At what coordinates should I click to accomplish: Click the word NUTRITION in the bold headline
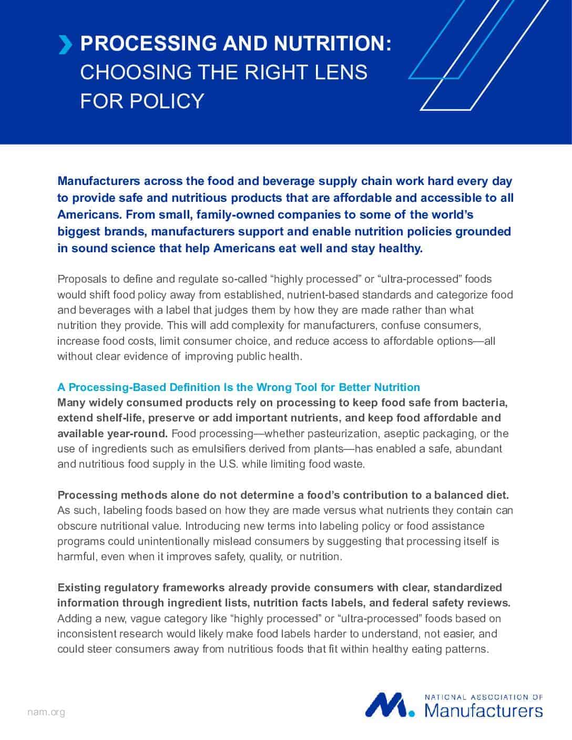329,44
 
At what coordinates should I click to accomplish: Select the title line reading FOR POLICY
142,100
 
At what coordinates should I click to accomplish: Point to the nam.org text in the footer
46,712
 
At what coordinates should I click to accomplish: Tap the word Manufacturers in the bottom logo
483,711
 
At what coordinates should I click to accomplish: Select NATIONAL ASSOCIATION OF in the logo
483,697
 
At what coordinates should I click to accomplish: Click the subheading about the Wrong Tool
239,387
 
